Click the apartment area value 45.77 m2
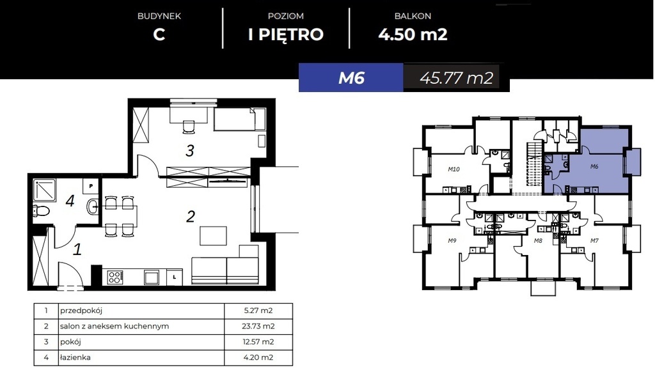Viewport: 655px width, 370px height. pos(455,78)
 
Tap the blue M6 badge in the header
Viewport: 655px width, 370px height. pos(351,78)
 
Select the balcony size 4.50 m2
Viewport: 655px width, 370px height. pos(413,34)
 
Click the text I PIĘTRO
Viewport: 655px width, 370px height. pos(286,34)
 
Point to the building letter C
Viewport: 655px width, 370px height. pos(159,34)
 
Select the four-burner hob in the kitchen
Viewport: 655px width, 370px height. pos(115,277)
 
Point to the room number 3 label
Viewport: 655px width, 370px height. pos(189,151)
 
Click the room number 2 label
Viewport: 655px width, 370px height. pos(190,217)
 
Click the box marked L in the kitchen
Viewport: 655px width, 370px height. pos(175,277)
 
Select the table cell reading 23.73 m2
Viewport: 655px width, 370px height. pos(258,326)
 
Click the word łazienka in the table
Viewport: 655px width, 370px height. pos(76,357)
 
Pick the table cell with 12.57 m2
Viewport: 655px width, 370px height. pos(258,341)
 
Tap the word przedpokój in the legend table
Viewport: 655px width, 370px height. pos(81,311)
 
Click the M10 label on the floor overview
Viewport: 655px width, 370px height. pos(454,169)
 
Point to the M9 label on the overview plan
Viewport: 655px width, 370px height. pos(452,240)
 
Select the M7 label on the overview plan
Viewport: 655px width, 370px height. pos(594,240)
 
